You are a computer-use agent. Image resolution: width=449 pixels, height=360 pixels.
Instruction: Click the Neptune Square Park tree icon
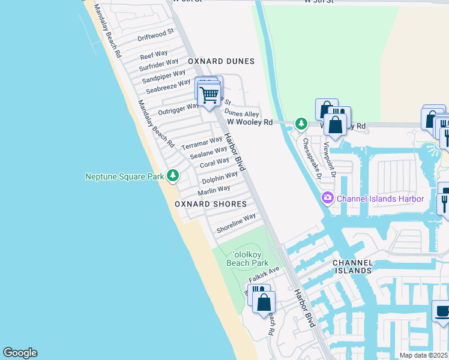point(173,175)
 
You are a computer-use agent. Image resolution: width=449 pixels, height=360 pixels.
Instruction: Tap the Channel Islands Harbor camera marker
point(328,197)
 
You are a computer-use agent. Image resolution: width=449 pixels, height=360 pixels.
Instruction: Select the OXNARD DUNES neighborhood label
point(221,61)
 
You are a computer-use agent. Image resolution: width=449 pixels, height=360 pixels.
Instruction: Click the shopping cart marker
point(209,94)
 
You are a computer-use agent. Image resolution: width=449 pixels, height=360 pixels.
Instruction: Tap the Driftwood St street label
point(155,35)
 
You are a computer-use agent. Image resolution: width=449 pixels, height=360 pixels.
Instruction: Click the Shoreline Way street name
point(236,221)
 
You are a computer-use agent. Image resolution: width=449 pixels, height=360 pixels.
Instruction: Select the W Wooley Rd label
point(250,122)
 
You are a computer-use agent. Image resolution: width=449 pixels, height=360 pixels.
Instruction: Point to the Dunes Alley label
point(241,113)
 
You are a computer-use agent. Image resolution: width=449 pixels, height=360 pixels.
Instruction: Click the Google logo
point(20,353)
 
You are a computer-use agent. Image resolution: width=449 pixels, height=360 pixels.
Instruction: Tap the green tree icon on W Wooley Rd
point(301,124)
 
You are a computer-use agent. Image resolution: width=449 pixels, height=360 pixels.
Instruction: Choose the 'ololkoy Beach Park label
point(247,258)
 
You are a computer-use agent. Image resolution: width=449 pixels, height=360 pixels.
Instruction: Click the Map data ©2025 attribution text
point(424,355)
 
